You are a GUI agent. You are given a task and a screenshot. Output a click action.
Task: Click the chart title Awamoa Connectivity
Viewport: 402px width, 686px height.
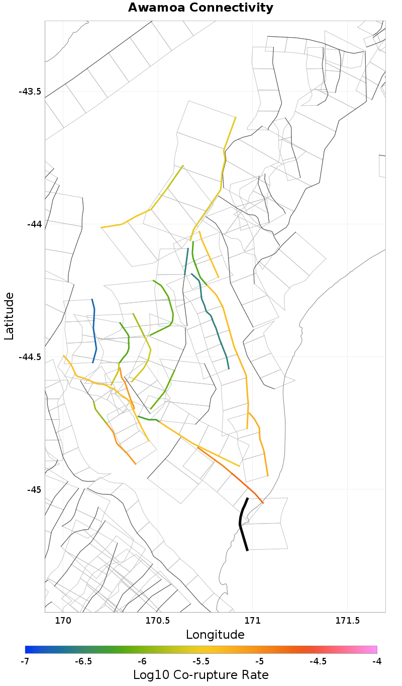pos(200,8)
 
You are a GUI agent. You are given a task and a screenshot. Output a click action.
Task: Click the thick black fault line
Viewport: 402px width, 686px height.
pos(242,523)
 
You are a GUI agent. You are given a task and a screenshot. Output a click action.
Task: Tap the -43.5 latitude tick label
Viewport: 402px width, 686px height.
pos(30,92)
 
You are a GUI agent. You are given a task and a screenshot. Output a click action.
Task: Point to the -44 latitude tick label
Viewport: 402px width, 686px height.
pos(34,224)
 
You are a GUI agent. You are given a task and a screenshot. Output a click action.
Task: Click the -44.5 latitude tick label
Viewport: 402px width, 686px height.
pos(30,357)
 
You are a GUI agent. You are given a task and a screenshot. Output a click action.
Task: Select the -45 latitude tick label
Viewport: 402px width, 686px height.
pos(34,489)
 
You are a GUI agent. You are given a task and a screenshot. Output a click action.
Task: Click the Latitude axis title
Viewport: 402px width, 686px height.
pos(10,316)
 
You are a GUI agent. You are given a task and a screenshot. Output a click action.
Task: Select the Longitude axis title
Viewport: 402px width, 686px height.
pos(215,635)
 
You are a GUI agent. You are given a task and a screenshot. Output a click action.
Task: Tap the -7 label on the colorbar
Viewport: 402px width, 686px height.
pos(25,661)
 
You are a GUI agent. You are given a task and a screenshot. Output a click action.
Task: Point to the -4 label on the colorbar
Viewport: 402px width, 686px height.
pos(377,661)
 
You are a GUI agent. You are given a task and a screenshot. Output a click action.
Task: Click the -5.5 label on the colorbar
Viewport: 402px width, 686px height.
pos(201,661)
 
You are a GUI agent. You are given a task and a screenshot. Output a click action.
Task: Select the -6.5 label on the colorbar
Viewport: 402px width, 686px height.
pos(83,661)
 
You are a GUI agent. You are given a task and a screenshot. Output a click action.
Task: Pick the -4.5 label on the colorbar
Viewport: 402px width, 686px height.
pos(318,661)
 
